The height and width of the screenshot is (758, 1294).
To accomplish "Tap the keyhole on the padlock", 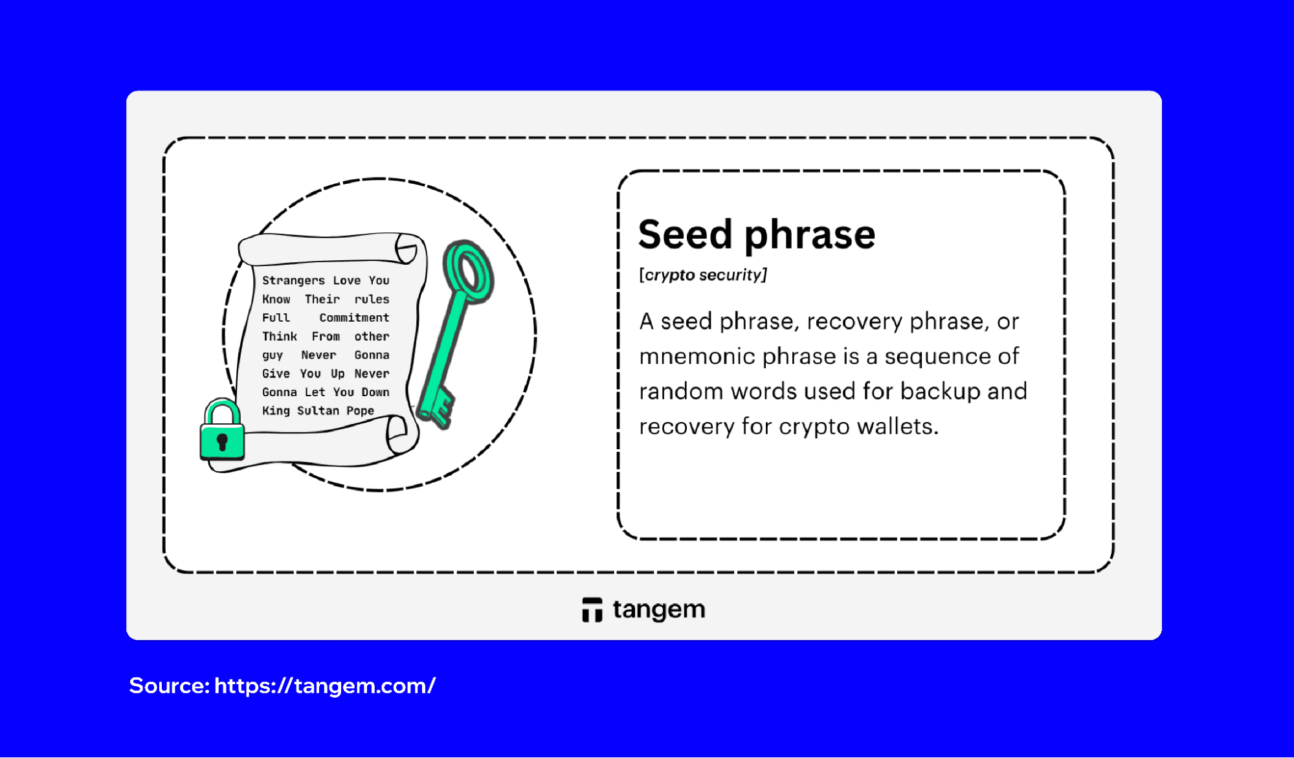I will [x=222, y=442].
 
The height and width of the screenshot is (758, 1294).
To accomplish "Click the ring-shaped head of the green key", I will [x=468, y=272].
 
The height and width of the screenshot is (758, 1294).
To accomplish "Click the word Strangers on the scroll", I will [x=293, y=280].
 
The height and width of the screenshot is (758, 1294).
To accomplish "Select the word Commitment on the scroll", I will [x=354, y=318].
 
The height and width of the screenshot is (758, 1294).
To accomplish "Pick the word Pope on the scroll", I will [x=360, y=411].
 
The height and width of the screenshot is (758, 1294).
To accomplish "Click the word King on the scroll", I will [x=276, y=411].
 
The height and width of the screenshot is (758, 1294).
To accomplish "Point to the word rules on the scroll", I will [x=372, y=299].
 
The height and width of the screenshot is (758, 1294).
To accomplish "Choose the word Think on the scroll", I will [x=279, y=337].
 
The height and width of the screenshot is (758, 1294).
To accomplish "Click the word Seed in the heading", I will [x=685, y=234].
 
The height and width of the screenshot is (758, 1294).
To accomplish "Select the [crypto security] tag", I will [x=702, y=275].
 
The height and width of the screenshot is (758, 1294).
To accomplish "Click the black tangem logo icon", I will [x=592, y=610].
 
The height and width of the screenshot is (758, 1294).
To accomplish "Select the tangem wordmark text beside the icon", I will [x=658, y=610].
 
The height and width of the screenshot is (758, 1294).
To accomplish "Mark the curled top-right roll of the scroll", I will [x=407, y=249].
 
